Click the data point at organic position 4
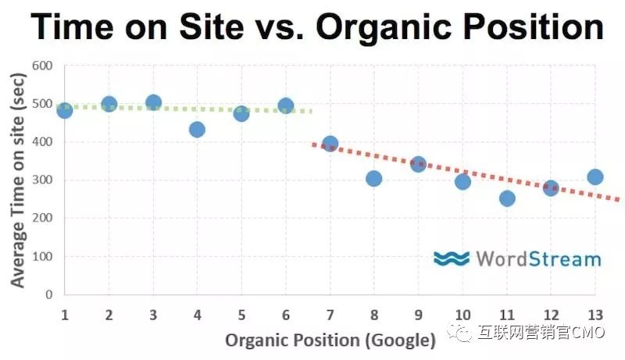[x=197, y=129]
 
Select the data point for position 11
[x=507, y=198]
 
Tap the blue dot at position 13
[x=595, y=177]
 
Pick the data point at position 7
[x=330, y=144]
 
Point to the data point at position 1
[x=65, y=111]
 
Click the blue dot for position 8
[x=374, y=179]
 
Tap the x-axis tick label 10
[x=462, y=315]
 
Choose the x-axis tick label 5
[x=241, y=315]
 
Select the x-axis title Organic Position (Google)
[x=330, y=340]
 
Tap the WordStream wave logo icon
[x=451, y=258]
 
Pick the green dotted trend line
[x=187, y=109]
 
